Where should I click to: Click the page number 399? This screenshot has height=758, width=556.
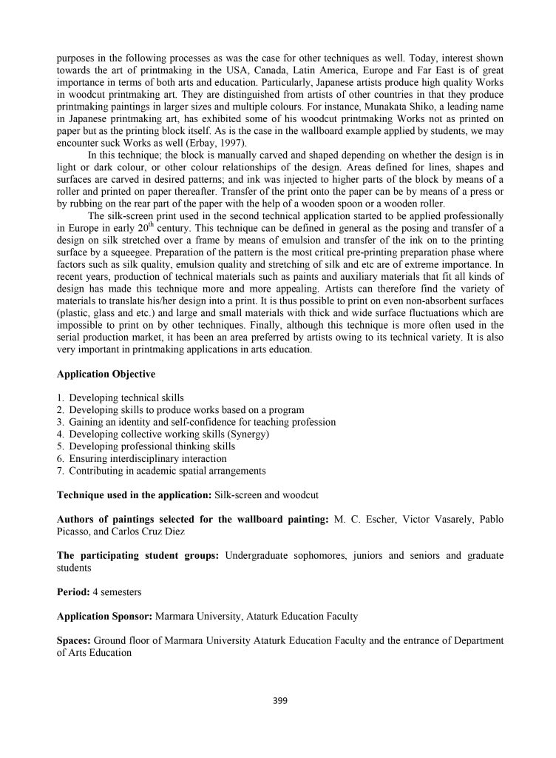point(277,701)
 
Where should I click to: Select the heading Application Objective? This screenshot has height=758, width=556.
point(106,374)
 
